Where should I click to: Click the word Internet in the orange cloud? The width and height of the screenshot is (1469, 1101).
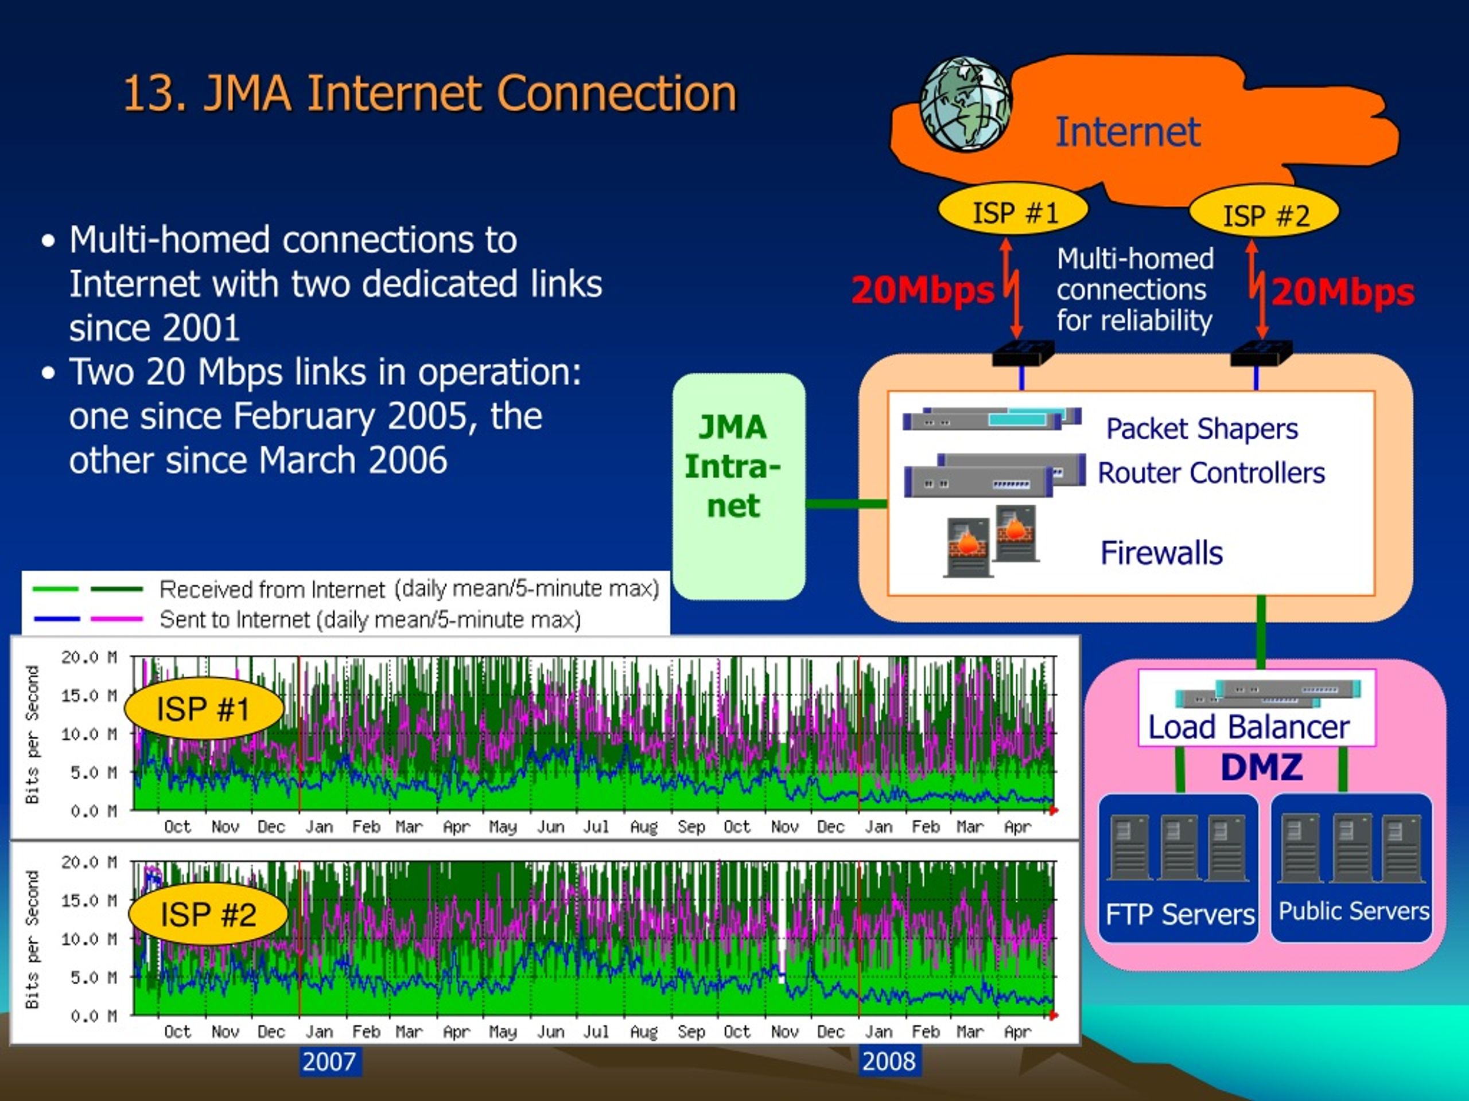(x=1127, y=131)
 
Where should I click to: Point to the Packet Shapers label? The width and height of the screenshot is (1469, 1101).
(x=1202, y=429)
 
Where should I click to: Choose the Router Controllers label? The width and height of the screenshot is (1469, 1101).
(x=1211, y=473)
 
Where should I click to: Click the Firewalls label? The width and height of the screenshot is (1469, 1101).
(x=1161, y=552)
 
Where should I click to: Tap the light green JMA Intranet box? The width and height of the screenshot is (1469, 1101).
(x=739, y=486)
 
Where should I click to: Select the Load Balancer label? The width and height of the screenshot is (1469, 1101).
(x=1249, y=727)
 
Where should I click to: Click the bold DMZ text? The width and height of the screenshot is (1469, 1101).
(x=1261, y=767)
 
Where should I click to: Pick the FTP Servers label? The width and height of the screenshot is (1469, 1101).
(x=1179, y=914)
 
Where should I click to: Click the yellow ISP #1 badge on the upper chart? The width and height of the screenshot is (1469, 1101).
(x=203, y=708)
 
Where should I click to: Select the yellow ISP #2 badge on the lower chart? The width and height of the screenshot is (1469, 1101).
(x=208, y=914)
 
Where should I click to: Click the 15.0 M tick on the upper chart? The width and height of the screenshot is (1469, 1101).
(x=89, y=696)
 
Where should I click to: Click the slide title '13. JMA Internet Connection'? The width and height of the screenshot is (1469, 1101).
(x=430, y=92)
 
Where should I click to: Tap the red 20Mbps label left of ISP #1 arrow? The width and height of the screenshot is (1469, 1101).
(x=923, y=290)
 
